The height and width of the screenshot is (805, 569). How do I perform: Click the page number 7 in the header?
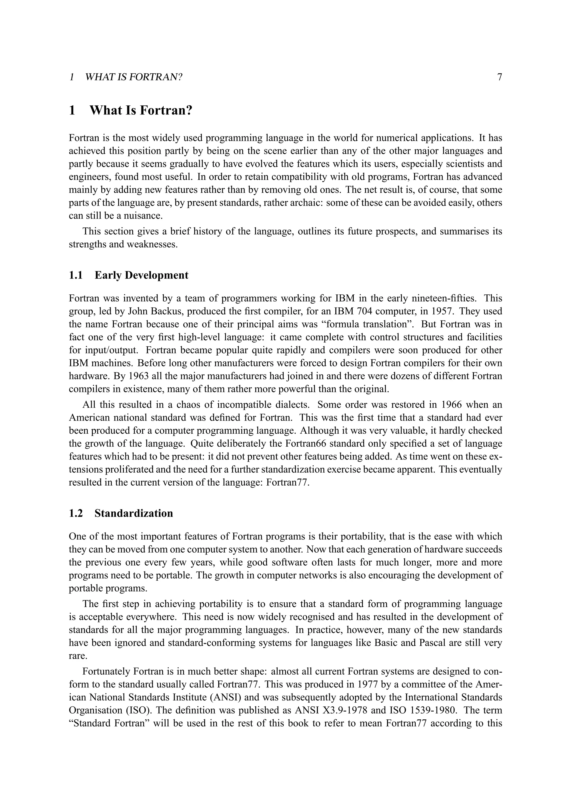pyautogui.click(x=500, y=77)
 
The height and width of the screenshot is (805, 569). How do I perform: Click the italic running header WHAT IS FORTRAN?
pyautogui.click(x=134, y=77)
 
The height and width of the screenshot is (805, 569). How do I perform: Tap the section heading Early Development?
pyautogui.click(x=141, y=275)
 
